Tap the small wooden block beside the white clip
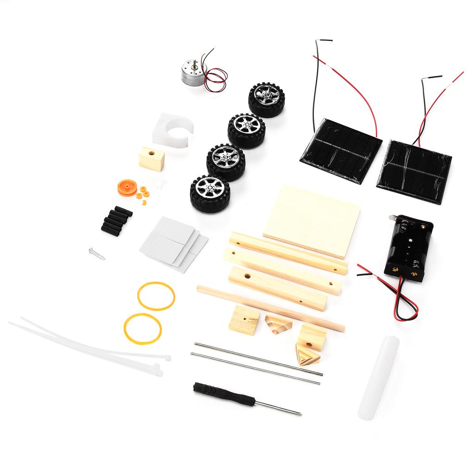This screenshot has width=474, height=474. (x=151, y=159)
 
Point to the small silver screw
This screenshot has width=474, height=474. (x=97, y=254)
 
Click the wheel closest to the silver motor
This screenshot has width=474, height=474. (x=266, y=100)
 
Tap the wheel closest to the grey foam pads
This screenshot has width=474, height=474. (x=210, y=193)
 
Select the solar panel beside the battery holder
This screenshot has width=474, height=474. (x=414, y=170)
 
